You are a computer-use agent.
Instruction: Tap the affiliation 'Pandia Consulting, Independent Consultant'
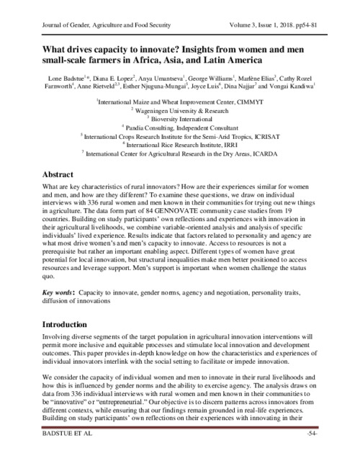(x=179, y=127)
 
